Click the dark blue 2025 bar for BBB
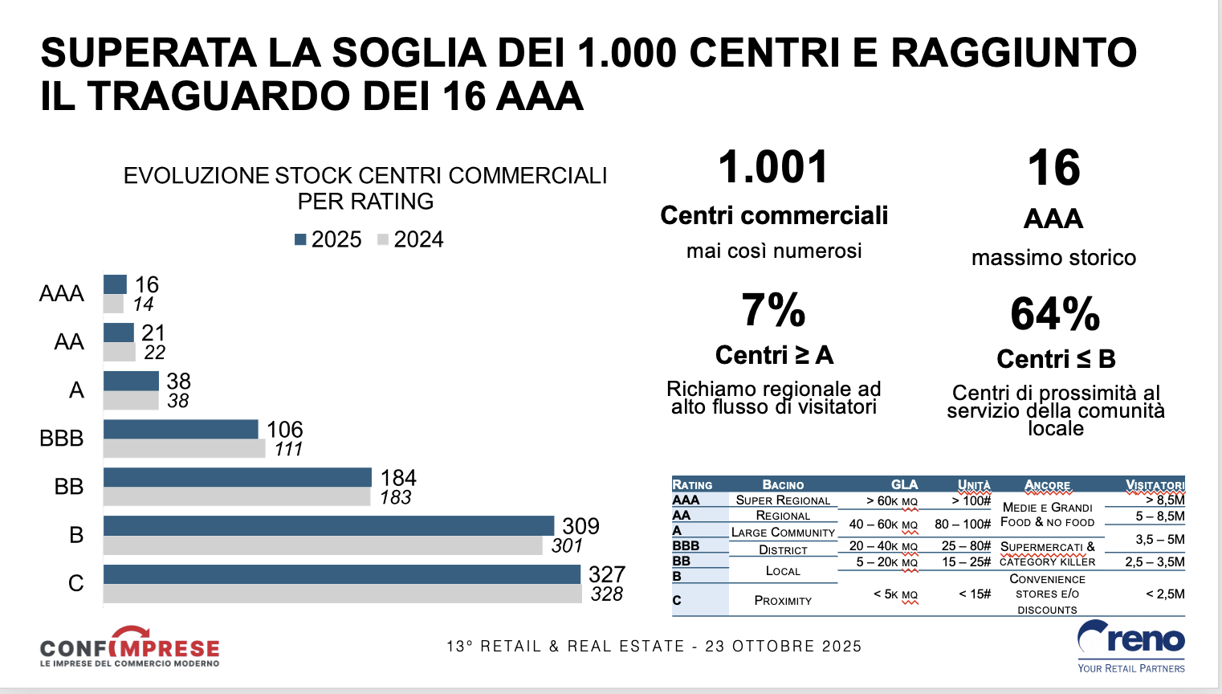181,429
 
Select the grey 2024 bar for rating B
323,545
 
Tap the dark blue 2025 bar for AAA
115,284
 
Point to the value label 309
580,526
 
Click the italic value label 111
288,449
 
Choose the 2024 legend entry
410,239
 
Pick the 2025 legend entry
328,239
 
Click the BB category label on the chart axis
69,486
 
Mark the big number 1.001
773,167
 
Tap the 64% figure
1055,314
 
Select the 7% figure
773,310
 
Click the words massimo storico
1053,258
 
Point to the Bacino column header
783,484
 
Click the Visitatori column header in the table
1155,484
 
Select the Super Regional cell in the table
783,500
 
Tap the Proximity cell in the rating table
783,600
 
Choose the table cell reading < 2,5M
1165,594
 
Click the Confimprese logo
129,647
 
